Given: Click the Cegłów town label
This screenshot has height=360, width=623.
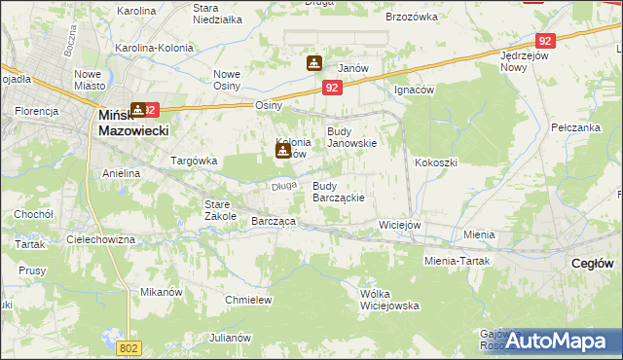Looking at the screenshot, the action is click(592, 263).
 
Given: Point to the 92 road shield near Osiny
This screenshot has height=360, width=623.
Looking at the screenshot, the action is click(333, 88).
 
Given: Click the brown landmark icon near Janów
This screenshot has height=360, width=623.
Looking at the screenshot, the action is click(314, 64).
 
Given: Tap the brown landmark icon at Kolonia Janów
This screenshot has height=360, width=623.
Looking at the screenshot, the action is click(282, 150).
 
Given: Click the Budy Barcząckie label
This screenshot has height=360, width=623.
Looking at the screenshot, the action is click(338, 191).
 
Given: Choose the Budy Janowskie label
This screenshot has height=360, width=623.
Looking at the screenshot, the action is click(351, 137).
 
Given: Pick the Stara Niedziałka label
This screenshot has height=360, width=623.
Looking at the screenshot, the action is click(217, 14).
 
